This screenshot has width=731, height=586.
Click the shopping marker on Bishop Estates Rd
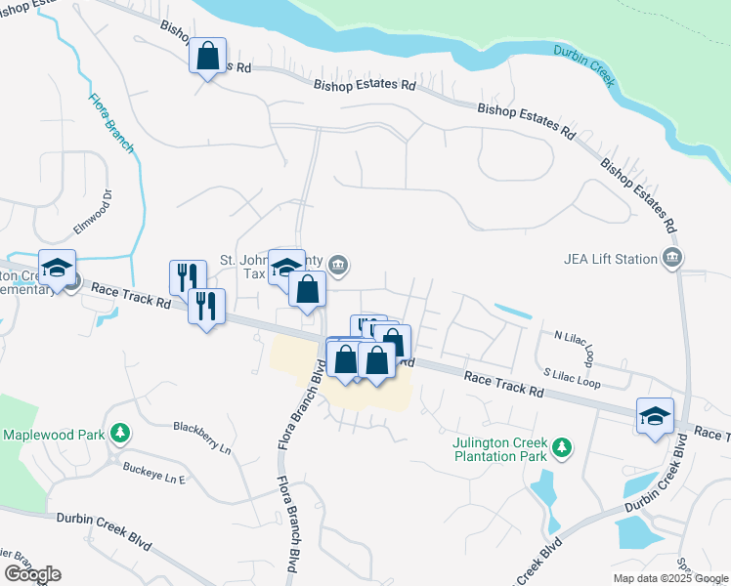tap(208, 57)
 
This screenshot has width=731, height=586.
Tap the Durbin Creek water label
tap(583, 65)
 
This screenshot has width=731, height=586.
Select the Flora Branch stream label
tap(110, 123)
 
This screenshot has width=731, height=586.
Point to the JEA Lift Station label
tap(612, 259)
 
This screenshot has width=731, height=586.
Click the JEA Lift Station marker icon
tap(671, 258)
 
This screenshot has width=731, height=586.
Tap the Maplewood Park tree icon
tap(119, 433)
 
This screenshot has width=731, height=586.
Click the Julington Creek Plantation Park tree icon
tap(561, 447)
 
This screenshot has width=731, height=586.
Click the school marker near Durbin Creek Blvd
tap(655, 414)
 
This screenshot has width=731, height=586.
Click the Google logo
tap(32, 573)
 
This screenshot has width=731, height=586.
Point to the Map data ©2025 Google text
tap(669, 578)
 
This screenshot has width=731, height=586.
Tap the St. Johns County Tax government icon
tap(338, 264)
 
